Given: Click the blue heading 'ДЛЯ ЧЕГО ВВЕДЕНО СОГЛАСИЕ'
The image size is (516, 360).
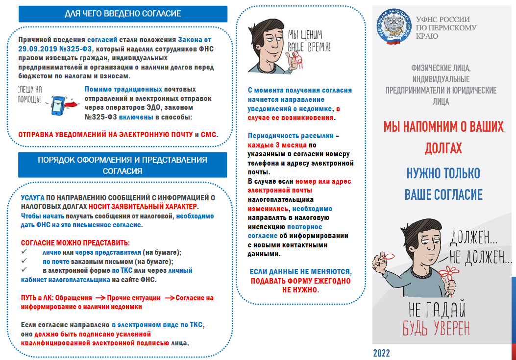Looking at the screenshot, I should pos(123,14).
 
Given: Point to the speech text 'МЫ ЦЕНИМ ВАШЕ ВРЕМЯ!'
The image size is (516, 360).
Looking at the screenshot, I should pos(309,41).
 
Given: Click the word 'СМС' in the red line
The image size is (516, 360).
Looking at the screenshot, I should pos(209,134).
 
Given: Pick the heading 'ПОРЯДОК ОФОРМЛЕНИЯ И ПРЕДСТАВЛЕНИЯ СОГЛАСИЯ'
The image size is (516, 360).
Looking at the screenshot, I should pos(123,165).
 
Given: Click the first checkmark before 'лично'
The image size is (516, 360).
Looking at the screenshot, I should pos(25,252).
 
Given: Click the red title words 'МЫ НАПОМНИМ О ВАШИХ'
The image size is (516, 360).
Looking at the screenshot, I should pos(443,127).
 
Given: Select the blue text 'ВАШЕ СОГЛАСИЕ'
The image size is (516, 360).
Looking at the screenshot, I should pos(443,194).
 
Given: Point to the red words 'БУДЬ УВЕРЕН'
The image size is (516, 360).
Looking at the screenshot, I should pos(436,328).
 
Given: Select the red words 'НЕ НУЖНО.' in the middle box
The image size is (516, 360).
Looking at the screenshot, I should pos(300,290).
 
